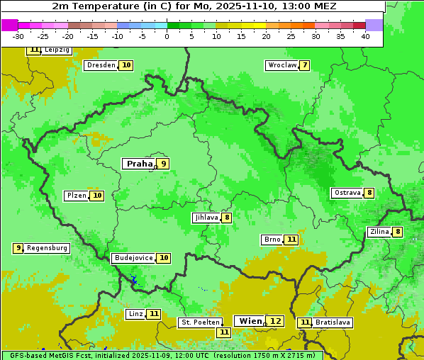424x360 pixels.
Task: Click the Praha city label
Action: coord(139,164)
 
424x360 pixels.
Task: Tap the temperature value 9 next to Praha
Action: coord(163,164)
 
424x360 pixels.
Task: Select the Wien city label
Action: coord(251,321)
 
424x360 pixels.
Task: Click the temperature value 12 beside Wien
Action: coord(275,321)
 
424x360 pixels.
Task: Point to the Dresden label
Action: coord(101,65)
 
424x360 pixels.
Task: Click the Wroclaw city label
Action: coord(281,65)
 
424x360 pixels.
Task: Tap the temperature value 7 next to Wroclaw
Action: coord(304,65)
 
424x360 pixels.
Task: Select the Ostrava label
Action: coord(347,193)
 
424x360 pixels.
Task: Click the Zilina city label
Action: coord(379,232)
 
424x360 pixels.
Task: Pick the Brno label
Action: coord(272,240)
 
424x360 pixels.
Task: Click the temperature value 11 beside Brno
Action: coord(291,240)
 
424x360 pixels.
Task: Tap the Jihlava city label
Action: coord(206,218)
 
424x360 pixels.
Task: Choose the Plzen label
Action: coord(77,196)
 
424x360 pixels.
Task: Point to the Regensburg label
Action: coord(48,248)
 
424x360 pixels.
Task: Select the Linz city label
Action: coord(135,314)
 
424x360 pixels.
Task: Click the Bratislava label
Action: coord(333,322)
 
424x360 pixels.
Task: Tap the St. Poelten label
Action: coord(200,322)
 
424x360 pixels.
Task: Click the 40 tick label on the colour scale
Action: coord(365,35)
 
